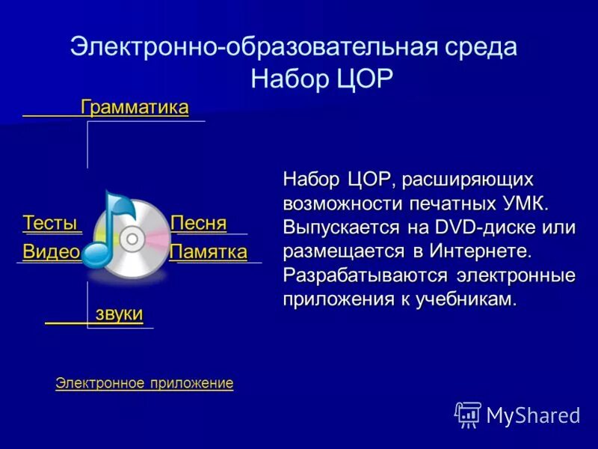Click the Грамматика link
135,107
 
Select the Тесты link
50,223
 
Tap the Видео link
51,252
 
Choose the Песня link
198,223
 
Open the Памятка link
209,252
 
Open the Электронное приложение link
144,383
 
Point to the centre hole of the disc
132,239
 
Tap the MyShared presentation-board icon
468,415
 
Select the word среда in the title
478,46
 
